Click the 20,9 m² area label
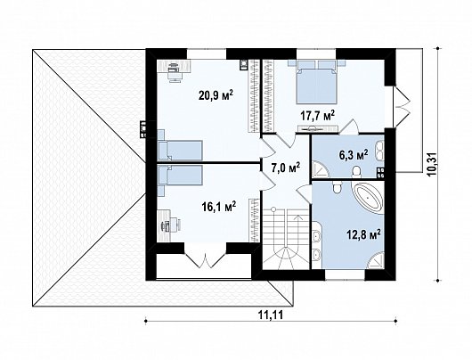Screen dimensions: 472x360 (216, 95)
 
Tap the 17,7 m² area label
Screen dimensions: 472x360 (318, 115)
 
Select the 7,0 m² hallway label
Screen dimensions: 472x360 (285, 168)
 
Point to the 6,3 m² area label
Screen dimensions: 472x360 (354, 155)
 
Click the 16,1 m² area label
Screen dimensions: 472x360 (219, 207)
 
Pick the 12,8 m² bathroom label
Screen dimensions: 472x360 (364, 234)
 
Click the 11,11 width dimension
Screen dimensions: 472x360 (271, 315)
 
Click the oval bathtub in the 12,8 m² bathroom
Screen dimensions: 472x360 (367, 198)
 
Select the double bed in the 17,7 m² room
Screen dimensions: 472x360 (316, 82)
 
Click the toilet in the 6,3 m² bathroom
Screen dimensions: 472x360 (356, 171)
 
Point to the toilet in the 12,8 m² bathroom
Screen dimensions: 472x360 (337, 187)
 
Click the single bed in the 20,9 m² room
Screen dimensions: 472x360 (180, 150)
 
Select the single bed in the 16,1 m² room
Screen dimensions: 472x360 (180, 175)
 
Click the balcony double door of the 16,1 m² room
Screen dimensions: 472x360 (206, 260)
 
